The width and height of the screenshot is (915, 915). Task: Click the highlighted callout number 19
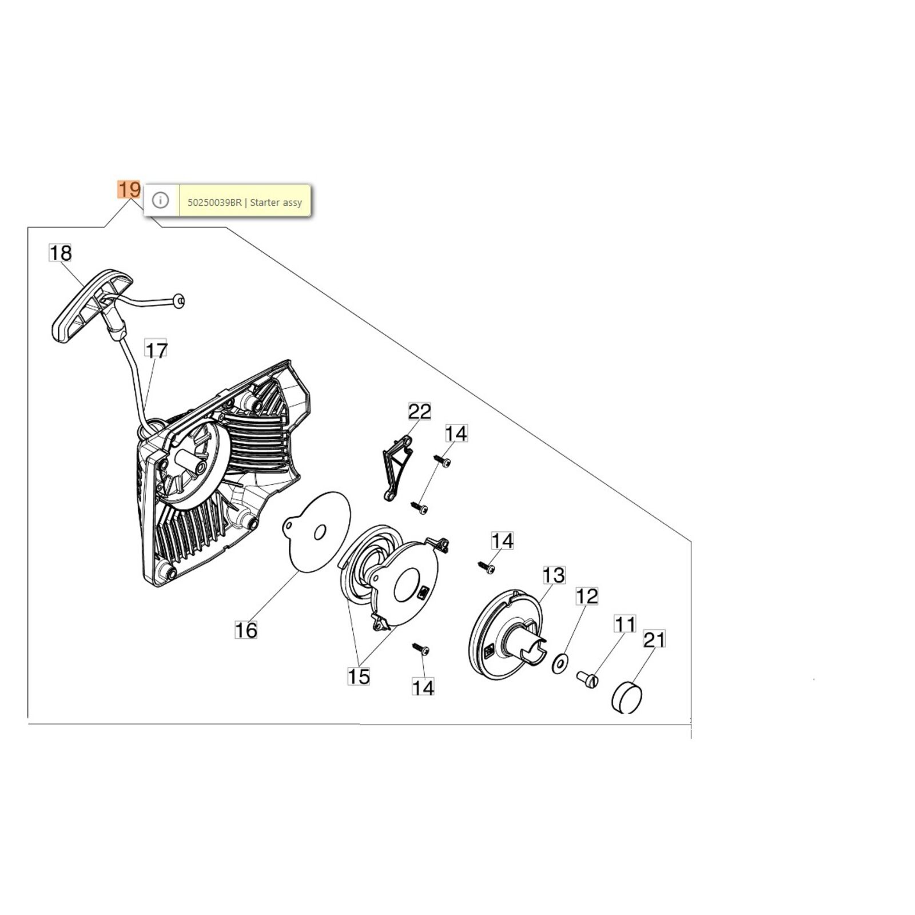tap(129, 189)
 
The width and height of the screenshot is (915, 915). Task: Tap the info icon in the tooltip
tap(161, 200)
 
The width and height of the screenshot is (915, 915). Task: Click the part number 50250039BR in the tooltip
tap(214, 202)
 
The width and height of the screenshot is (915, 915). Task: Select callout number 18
tap(61, 253)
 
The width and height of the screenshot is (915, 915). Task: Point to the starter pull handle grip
tap(91, 306)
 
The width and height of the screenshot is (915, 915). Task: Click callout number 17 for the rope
tap(156, 350)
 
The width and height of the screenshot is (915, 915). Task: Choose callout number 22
tap(419, 412)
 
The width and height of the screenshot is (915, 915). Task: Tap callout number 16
tap(246, 630)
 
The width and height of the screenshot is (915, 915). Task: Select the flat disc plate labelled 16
tap(317, 533)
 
